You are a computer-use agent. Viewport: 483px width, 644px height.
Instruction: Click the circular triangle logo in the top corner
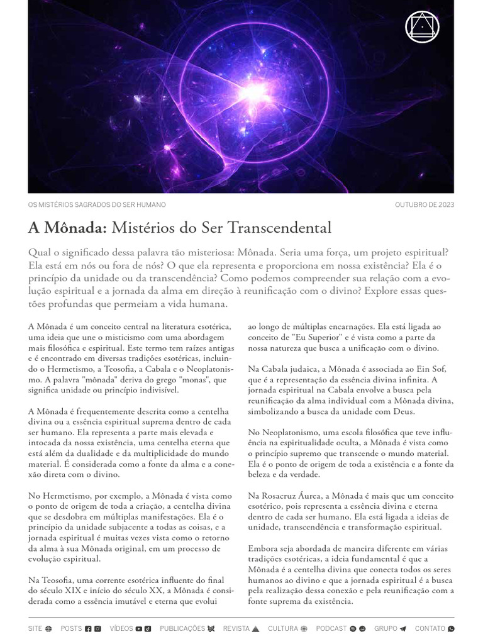coord(423,27)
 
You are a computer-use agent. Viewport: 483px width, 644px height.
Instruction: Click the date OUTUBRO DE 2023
coord(425,205)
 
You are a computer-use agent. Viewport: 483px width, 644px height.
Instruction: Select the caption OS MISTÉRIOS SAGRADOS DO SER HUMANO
coord(97,205)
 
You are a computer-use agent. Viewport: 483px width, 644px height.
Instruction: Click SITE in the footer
coord(35,628)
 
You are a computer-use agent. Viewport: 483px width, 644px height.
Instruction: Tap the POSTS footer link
coord(71,628)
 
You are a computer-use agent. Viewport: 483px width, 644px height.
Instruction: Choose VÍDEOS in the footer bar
coord(121,628)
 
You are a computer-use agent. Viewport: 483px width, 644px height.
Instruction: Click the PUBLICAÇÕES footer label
coord(182,628)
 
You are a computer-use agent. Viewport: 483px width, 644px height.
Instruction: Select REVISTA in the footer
coord(236,628)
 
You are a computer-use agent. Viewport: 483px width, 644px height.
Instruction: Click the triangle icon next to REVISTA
coord(255,628)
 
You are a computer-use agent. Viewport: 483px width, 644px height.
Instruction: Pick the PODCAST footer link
coord(331,628)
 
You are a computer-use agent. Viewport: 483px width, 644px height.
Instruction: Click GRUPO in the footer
coord(386,628)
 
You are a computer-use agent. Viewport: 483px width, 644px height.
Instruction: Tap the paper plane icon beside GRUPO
coord(403,628)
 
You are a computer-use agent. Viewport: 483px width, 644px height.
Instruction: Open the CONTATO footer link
coord(430,628)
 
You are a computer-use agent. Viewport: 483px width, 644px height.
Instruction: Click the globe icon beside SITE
coord(48,628)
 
